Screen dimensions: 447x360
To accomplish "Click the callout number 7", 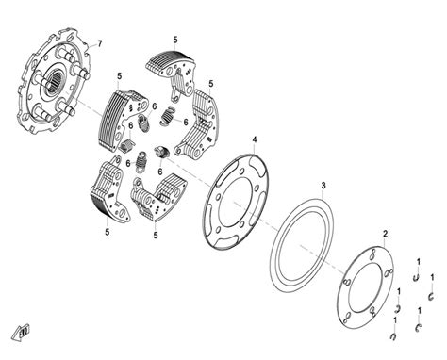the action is click(100, 43).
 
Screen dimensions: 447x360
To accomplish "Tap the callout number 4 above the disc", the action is click(255, 139).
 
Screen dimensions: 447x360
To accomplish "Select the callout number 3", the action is click(323, 186).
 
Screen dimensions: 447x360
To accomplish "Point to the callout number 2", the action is click(385, 234).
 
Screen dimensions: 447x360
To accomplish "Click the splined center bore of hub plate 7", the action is click(55, 83).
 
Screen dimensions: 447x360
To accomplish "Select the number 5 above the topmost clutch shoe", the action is click(175, 40).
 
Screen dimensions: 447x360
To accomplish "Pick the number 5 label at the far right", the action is click(211, 84).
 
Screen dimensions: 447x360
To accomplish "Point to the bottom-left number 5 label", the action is click(108, 232).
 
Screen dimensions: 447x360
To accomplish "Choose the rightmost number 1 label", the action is click(432, 278).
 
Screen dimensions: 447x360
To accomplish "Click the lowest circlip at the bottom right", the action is click(393, 336).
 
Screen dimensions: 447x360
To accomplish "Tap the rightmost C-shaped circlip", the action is click(432, 296).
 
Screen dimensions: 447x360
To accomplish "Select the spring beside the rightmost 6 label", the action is click(167, 117).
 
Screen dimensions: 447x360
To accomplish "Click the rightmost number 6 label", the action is click(186, 122).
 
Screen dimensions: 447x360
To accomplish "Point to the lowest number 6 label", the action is click(160, 172).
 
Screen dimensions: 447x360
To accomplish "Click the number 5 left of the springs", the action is click(119, 76).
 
